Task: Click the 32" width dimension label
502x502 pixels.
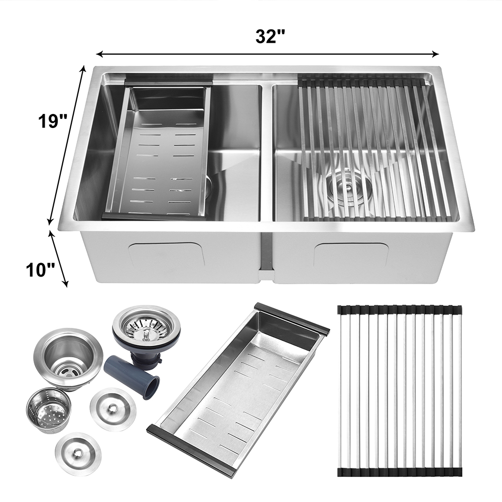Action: (x=270, y=36)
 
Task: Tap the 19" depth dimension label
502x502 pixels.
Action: (x=52, y=121)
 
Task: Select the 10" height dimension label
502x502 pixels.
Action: (x=40, y=270)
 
